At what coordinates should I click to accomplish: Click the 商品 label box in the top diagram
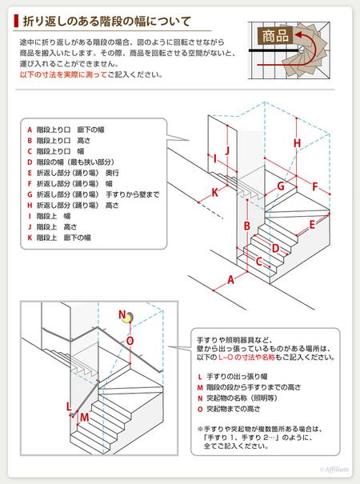[275, 35]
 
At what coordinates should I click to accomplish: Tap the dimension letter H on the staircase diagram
[297, 143]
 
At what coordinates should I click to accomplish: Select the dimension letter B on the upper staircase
[247, 226]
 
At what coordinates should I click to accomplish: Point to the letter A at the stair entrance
[230, 280]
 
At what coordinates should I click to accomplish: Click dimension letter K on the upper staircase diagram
[215, 193]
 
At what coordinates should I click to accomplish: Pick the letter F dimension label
[314, 186]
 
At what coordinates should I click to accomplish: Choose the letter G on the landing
[281, 186]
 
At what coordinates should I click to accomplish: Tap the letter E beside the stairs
[312, 225]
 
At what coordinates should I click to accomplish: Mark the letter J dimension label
[227, 150]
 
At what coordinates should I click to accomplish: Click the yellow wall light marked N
[128, 318]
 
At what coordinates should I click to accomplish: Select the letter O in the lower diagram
[130, 341]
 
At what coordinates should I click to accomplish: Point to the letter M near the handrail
[84, 418]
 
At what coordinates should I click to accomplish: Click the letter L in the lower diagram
[69, 407]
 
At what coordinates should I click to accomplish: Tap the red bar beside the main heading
[16, 21]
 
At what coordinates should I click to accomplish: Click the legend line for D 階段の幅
[70, 162]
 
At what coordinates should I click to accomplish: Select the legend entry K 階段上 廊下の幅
[59, 238]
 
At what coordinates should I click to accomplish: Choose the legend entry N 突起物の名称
[238, 398]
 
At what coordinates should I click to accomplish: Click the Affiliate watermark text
[334, 470]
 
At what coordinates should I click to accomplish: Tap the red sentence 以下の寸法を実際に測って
[63, 74]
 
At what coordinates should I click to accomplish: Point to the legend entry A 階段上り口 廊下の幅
[66, 130]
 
